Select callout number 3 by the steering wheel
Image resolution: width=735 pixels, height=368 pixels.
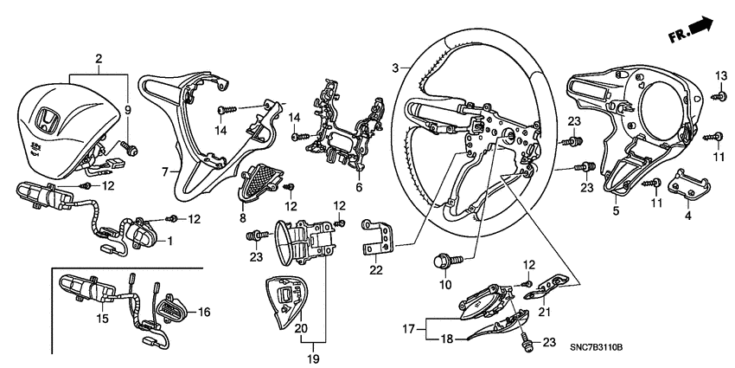[394, 67]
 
